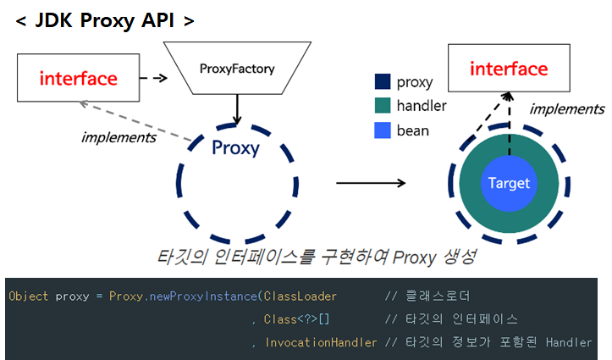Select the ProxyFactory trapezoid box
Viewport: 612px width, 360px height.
point(237,69)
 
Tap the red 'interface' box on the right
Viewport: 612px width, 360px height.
point(509,69)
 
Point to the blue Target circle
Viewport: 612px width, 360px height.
point(509,183)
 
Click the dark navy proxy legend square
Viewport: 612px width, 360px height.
point(383,82)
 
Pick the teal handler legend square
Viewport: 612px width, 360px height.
point(383,106)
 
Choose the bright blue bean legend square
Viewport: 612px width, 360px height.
point(383,130)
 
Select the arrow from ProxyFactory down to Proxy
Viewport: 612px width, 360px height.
point(237,108)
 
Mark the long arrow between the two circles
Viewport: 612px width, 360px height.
point(372,182)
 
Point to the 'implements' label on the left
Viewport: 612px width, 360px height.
point(119,136)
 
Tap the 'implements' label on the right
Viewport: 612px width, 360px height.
point(566,108)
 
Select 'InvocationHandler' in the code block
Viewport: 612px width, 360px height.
point(321,342)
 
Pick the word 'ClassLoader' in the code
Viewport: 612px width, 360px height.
point(300,296)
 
